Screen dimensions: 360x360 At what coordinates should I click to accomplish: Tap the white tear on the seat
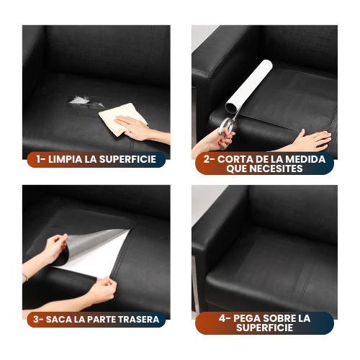pos(86,102)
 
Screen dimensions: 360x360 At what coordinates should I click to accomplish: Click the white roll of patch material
pos(249,85)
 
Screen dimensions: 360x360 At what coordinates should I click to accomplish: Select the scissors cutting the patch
pos(229,124)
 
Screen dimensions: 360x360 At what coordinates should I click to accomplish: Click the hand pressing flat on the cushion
pos(312,140)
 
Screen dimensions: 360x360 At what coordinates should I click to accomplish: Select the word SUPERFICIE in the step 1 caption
pos(127,159)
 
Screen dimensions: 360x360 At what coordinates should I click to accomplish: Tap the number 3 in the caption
pos(36,320)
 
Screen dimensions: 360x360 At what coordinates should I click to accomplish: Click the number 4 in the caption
pos(222,318)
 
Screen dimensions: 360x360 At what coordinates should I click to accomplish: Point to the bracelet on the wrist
pos(25,276)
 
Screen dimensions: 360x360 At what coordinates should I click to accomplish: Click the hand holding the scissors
pos(222,139)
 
